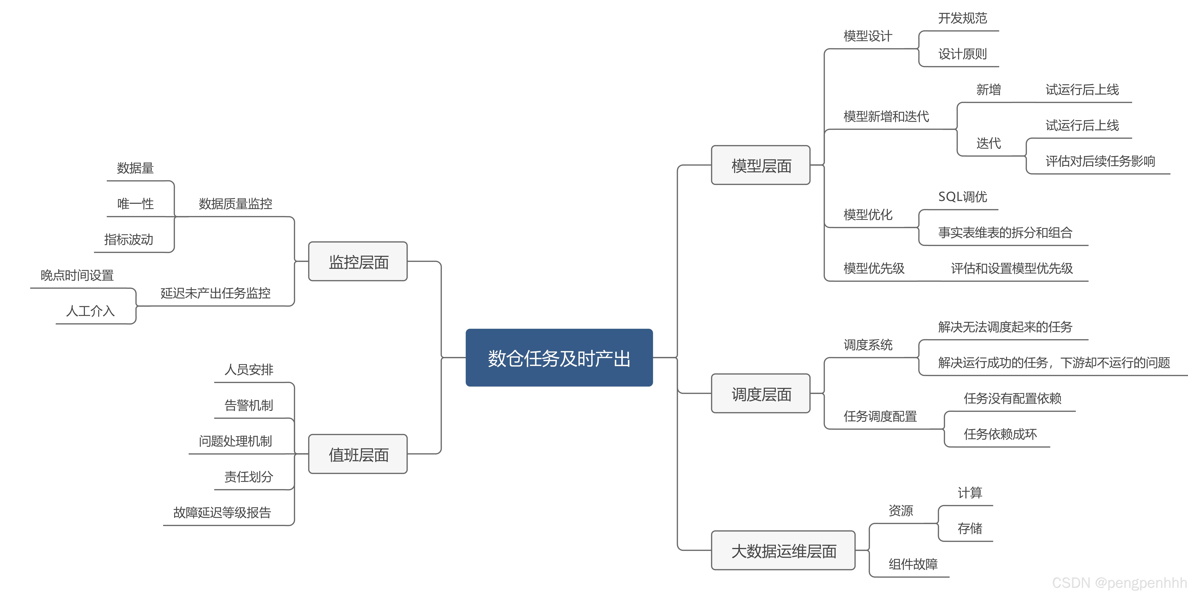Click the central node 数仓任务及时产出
[x=559, y=358]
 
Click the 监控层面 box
[x=358, y=262]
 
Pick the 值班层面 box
[x=358, y=454]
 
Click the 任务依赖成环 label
[x=1000, y=434]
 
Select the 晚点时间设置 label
[x=77, y=275]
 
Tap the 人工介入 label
[x=90, y=311]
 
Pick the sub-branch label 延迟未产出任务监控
[x=215, y=293]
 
